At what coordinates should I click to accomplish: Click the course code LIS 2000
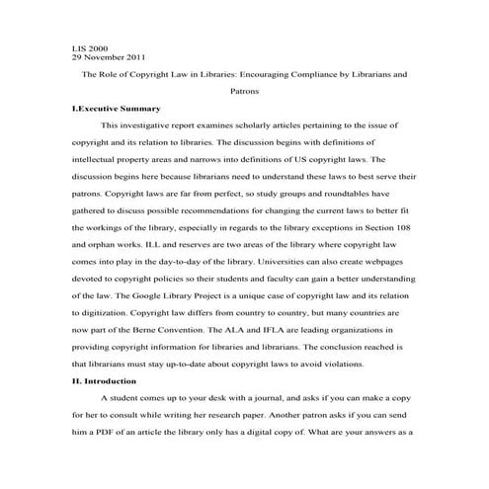coord(90,47)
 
